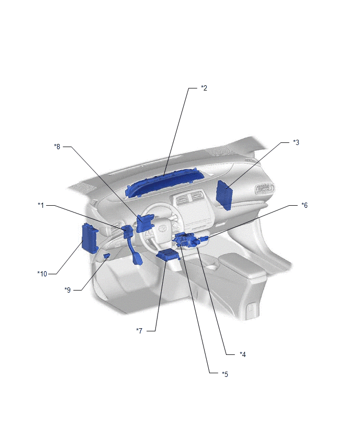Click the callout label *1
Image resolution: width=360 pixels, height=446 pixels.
[x=41, y=205]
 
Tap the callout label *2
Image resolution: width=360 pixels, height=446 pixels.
[x=204, y=88]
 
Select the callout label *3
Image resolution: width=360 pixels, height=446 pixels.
[x=296, y=142]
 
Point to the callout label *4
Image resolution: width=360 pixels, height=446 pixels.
[x=243, y=354]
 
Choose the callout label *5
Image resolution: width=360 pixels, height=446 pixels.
[x=225, y=374]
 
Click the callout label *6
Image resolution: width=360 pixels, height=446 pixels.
[x=304, y=205]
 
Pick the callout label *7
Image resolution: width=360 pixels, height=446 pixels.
[x=139, y=330]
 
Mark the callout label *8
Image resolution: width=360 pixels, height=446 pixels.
[x=57, y=147]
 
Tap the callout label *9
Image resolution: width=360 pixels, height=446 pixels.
[x=67, y=290]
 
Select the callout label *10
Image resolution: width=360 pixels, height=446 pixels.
[x=42, y=274]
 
